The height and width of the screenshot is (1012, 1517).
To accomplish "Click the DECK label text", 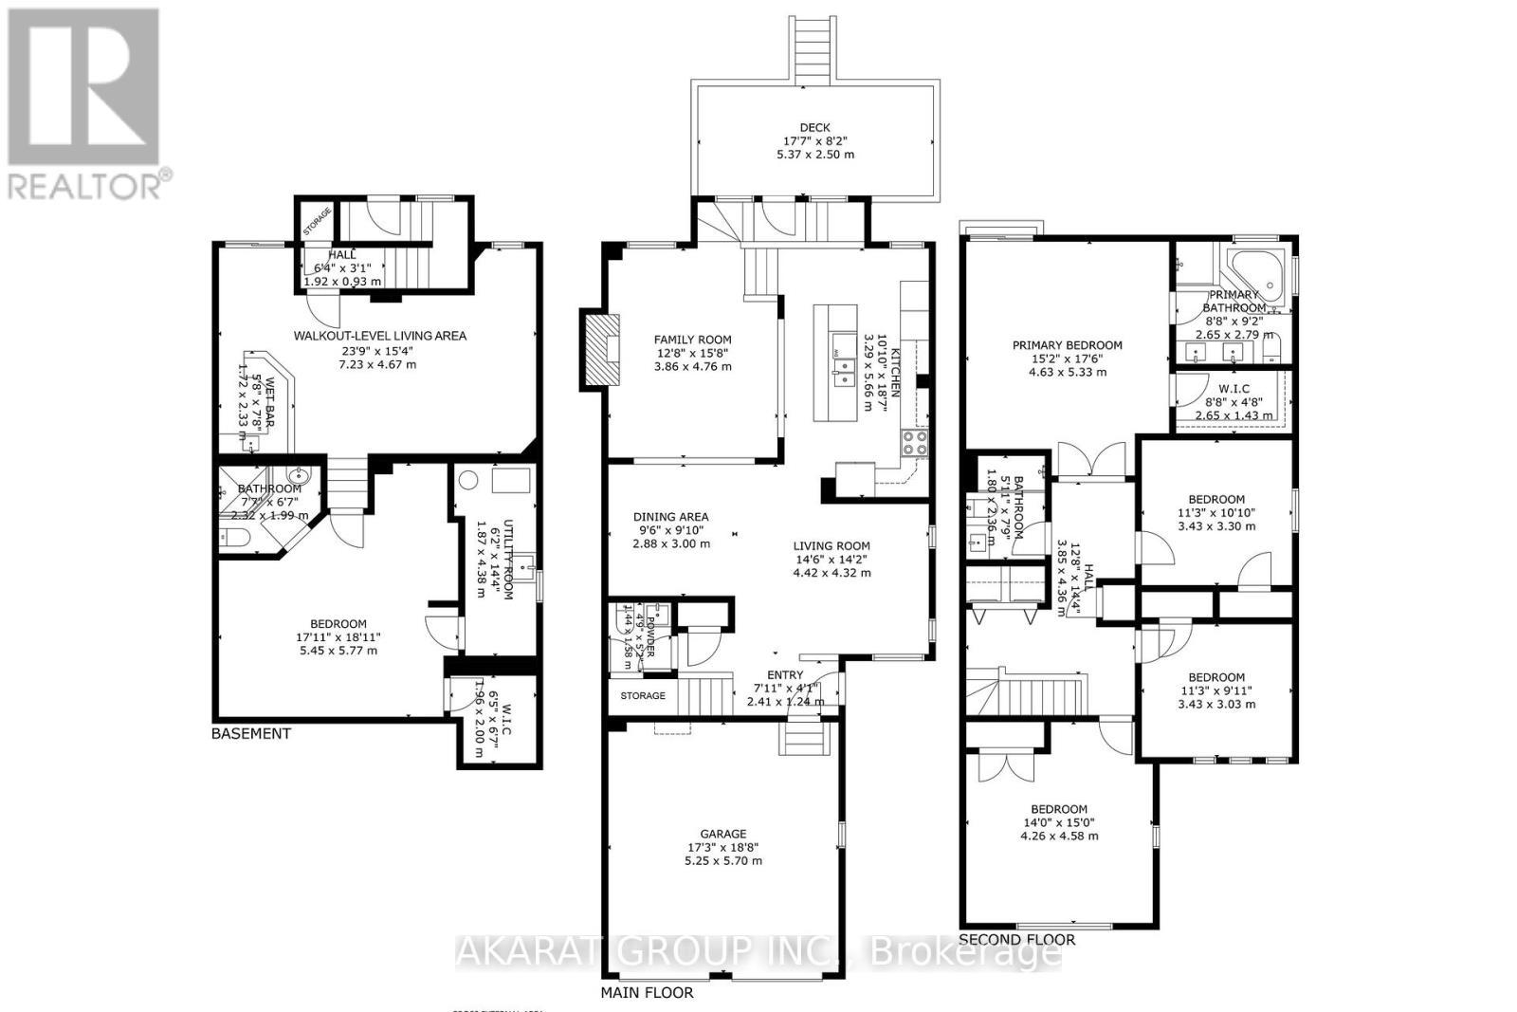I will click(813, 127).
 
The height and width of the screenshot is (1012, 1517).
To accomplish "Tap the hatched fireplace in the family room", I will click(599, 348).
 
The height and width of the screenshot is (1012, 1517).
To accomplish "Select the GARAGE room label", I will click(723, 835).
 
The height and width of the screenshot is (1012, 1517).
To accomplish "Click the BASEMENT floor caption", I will click(250, 733).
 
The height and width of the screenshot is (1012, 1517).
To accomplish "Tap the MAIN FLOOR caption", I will click(647, 992).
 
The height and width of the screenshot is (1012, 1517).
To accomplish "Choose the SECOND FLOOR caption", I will click(1017, 939).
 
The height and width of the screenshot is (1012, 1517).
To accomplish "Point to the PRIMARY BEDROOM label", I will click(1067, 345).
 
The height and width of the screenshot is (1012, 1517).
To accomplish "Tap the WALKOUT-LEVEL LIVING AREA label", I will click(379, 336).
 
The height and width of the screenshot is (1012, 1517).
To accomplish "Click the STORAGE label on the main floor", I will click(643, 695).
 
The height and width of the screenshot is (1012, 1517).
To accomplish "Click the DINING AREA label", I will click(670, 517).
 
